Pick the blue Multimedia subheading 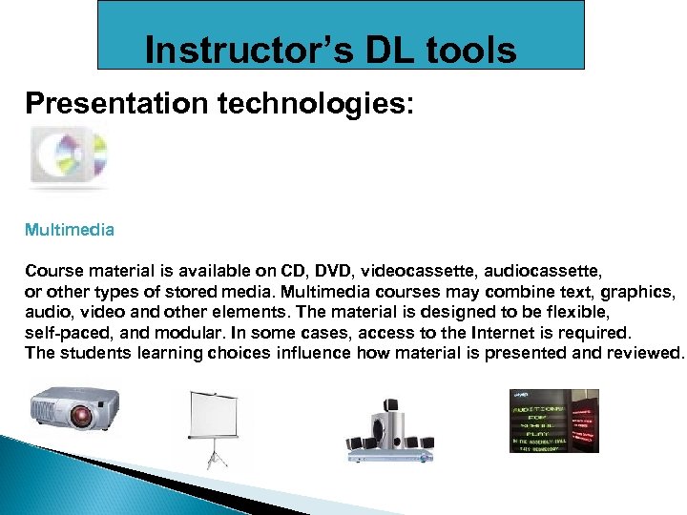pos(70,230)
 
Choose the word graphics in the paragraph pos(638,289)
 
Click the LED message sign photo pos(554,420)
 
